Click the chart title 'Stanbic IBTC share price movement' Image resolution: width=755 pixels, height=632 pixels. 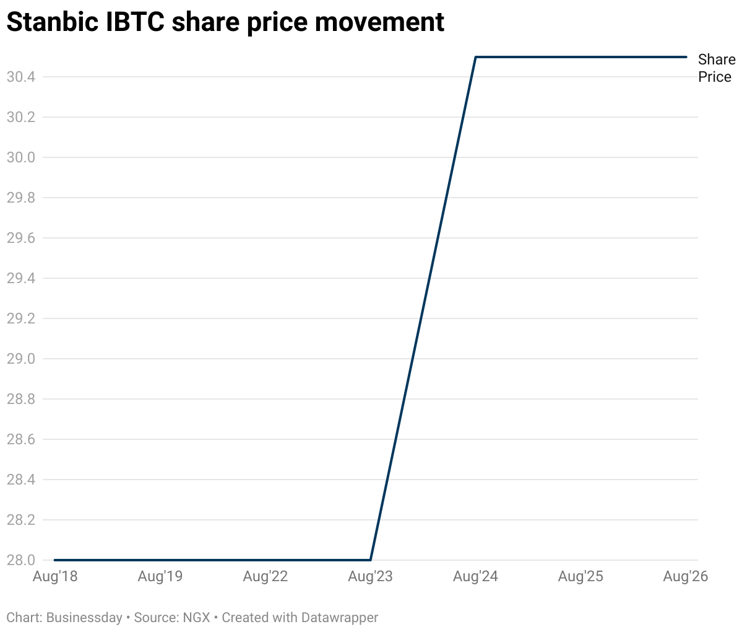(225, 22)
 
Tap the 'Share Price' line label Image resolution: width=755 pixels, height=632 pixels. (716, 68)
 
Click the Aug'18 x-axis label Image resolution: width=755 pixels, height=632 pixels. (55, 577)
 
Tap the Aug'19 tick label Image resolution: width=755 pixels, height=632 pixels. (160, 577)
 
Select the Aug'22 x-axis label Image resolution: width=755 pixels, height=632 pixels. (265, 577)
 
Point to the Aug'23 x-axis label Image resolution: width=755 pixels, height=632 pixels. (371, 577)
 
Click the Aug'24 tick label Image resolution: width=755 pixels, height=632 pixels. (475, 577)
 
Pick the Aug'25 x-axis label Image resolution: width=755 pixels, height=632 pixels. (580, 577)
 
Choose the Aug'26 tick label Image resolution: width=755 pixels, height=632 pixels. (685, 577)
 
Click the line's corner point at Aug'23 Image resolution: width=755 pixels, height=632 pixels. (371, 560)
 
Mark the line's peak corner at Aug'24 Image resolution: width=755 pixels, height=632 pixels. (475, 57)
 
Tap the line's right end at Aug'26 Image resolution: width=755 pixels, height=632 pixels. (686, 57)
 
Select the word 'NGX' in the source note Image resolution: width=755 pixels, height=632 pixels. (196, 618)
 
